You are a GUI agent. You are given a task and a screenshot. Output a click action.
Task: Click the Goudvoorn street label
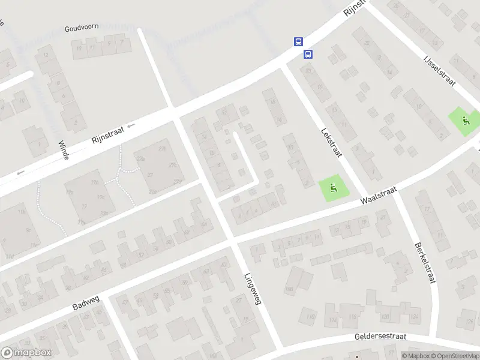82,28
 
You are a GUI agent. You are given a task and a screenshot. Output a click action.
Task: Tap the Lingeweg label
253,289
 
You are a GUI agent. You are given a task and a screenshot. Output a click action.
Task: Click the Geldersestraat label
380,338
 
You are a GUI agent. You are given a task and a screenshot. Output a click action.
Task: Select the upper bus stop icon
298,42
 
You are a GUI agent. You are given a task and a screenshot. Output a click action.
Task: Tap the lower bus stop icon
308,55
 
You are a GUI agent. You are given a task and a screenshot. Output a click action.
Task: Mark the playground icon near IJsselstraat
464,119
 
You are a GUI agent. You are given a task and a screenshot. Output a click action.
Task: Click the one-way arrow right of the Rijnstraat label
131,125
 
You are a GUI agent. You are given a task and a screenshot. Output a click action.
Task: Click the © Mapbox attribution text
415,356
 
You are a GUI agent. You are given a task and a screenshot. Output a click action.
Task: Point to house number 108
289,289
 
